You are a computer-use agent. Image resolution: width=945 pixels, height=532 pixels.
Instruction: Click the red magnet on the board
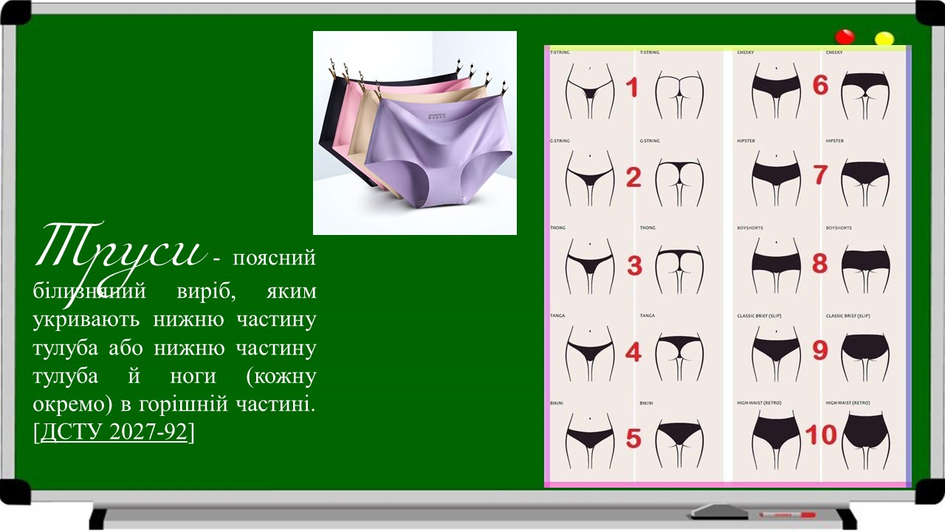pyautogui.click(x=844, y=37)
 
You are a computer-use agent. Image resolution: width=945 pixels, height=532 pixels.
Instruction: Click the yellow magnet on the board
pyautogui.click(x=884, y=38)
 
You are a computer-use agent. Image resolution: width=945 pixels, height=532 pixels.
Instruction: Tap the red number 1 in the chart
pyautogui.click(x=632, y=88)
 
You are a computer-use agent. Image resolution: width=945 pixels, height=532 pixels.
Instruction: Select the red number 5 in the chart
pyautogui.click(x=633, y=437)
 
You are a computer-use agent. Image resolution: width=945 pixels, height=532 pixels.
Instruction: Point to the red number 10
pyautogui.click(x=820, y=434)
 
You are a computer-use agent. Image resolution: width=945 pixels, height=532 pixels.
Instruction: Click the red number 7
pyautogui.click(x=820, y=174)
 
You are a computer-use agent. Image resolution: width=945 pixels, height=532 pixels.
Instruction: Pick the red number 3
pyautogui.click(x=633, y=265)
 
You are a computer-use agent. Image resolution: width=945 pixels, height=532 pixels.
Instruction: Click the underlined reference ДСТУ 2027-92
pyautogui.click(x=114, y=433)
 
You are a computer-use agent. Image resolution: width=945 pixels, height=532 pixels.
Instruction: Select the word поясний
pyautogui.click(x=274, y=259)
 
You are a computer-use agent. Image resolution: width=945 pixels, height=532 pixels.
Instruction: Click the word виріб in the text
pyautogui.click(x=199, y=290)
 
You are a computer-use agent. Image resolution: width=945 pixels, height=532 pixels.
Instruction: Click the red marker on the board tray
pyautogui.click(x=786, y=514)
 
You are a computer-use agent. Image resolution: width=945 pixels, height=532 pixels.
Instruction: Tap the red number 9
pyautogui.click(x=820, y=350)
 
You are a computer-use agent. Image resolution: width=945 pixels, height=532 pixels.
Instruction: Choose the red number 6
pyautogui.click(x=820, y=86)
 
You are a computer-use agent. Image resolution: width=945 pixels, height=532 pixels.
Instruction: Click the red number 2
pyautogui.click(x=633, y=177)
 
